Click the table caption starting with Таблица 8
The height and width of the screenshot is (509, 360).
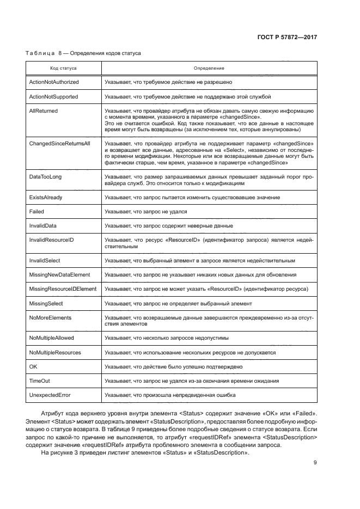pyautogui.click(x=84, y=54)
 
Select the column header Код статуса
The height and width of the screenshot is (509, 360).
pyautogui.click(x=63, y=69)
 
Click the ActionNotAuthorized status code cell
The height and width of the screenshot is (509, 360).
pyautogui.click(x=54, y=82)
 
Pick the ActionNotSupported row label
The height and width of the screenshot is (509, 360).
pyautogui.click(x=53, y=96)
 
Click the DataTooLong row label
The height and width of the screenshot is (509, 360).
pyautogui.click(x=46, y=177)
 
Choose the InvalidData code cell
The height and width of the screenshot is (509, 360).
pyautogui.click(x=43, y=225)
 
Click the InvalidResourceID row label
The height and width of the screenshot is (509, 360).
pyautogui.click(x=51, y=239)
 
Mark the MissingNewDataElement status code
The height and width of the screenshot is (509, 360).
pyautogui.click(x=59, y=274)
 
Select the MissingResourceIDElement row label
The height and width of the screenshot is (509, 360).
pyautogui.click(x=63, y=289)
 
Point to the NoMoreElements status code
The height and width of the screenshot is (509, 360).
pyautogui.click(x=50, y=317)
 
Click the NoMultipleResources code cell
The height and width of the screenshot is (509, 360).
pyautogui.click(x=55, y=353)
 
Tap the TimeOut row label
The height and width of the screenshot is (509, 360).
pyautogui.click(x=39, y=381)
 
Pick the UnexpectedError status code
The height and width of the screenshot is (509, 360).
pyautogui.click(x=50, y=395)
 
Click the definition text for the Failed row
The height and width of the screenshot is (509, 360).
pyautogui.click(x=146, y=211)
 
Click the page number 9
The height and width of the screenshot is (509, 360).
pyautogui.click(x=315, y=463)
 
